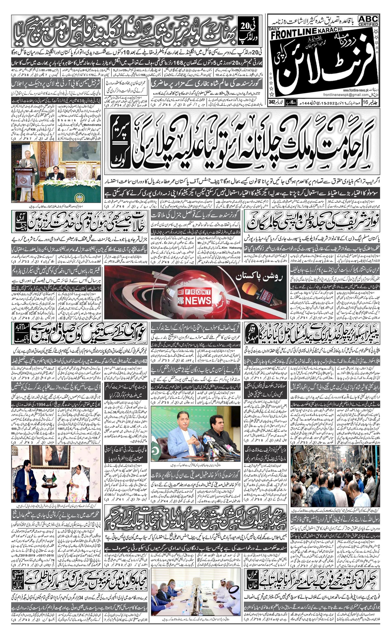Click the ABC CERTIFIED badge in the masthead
click(x=368, y=20)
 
